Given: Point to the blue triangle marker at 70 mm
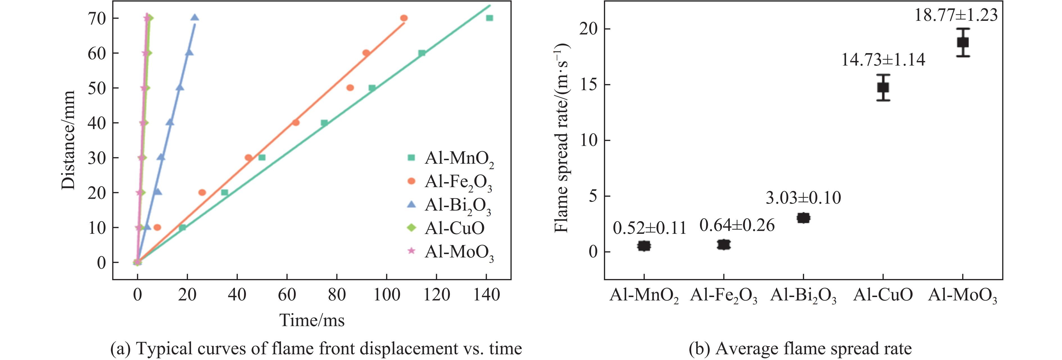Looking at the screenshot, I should pos(194,18).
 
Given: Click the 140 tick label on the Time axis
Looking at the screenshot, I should pos(487,295).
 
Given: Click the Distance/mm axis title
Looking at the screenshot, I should pos(68,140).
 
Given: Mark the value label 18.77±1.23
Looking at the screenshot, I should pos(956,15).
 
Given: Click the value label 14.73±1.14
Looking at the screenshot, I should pos(883,60).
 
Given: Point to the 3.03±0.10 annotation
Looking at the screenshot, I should pos(803,198).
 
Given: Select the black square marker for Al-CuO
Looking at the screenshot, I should pos(883,87).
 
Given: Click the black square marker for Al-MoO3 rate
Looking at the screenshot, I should pos(963,42).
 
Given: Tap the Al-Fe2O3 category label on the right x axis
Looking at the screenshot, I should pos(724,296).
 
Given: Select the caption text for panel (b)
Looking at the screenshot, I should pos(800,349).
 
